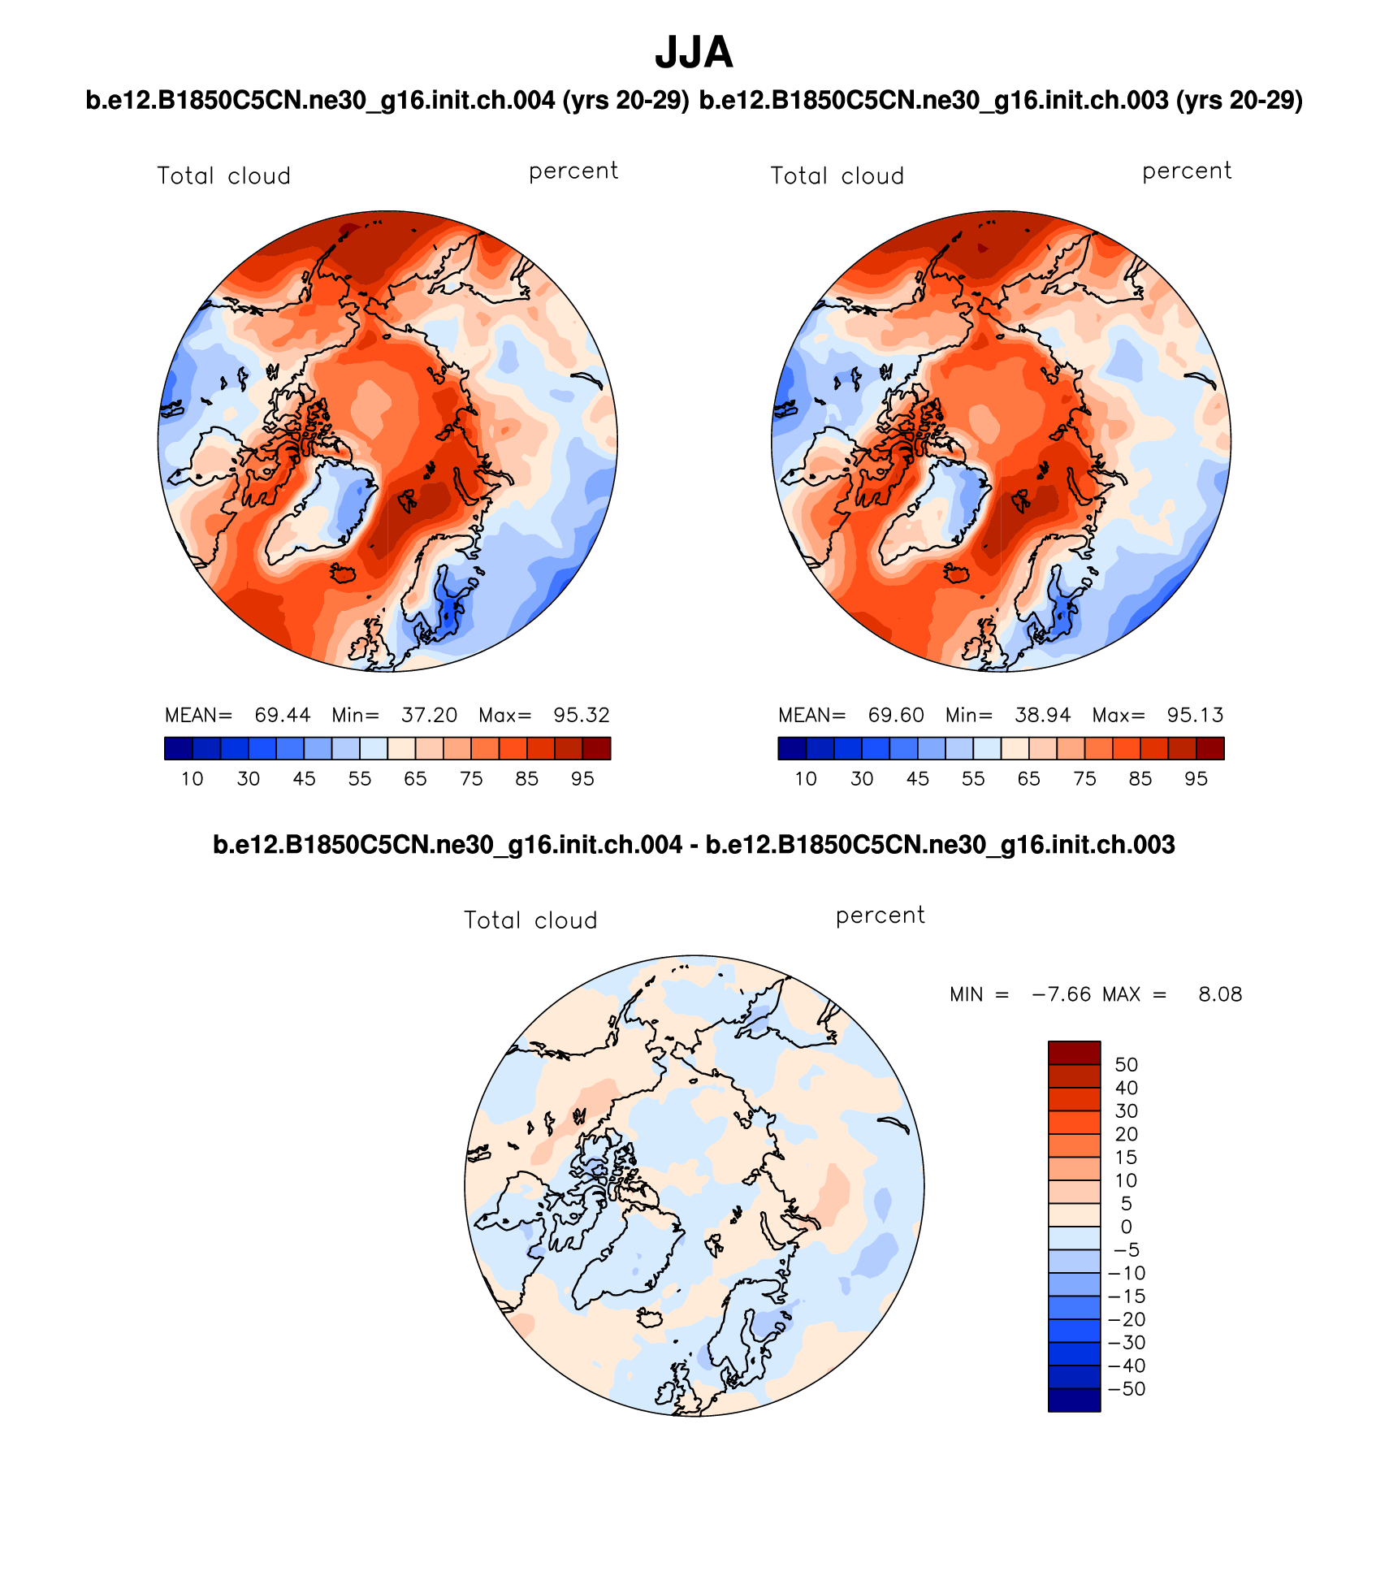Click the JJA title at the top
coord(694,54)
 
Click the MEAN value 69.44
coord(282,715)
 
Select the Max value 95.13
coord(1195,715)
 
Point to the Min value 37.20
coord(429,715)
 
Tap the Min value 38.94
coord(1042,715)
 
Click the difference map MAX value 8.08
coord(1220,994)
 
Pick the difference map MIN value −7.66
coord(1061,994)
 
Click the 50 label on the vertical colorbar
coord(1126,1065)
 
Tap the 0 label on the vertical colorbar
coord(1126,1227)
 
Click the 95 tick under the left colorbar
coord(582,779)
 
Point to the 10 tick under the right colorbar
coord(805,779)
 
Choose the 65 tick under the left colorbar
coord(415,779)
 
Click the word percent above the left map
coord(573,171)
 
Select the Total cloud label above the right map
coord(837,176)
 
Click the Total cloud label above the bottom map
coord(530,920)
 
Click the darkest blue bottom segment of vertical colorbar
coord(1074,1400)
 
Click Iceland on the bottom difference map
coord(650,1318)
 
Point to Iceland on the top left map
coord(344,574)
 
